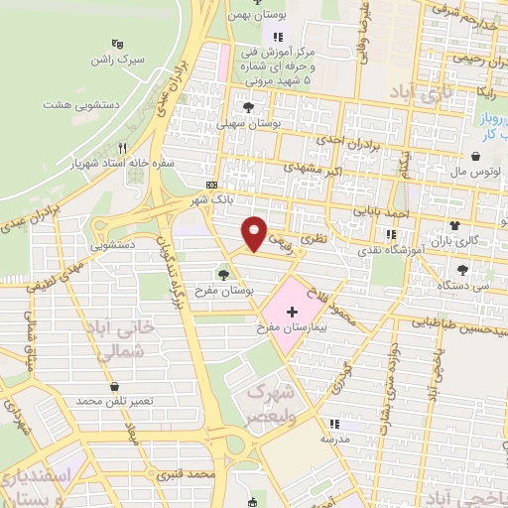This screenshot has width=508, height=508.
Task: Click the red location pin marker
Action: [x=255, y=232]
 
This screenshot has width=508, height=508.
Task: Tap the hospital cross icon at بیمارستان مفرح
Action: [x=291, y=312]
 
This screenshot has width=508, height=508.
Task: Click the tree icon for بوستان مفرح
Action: [x=221, y=273]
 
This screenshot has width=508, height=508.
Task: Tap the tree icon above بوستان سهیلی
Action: [x=246, y=106]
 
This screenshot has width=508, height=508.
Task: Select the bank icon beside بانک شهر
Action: [x=211, y=186]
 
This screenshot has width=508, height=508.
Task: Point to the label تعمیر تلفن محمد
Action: [x=117, y=401]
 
